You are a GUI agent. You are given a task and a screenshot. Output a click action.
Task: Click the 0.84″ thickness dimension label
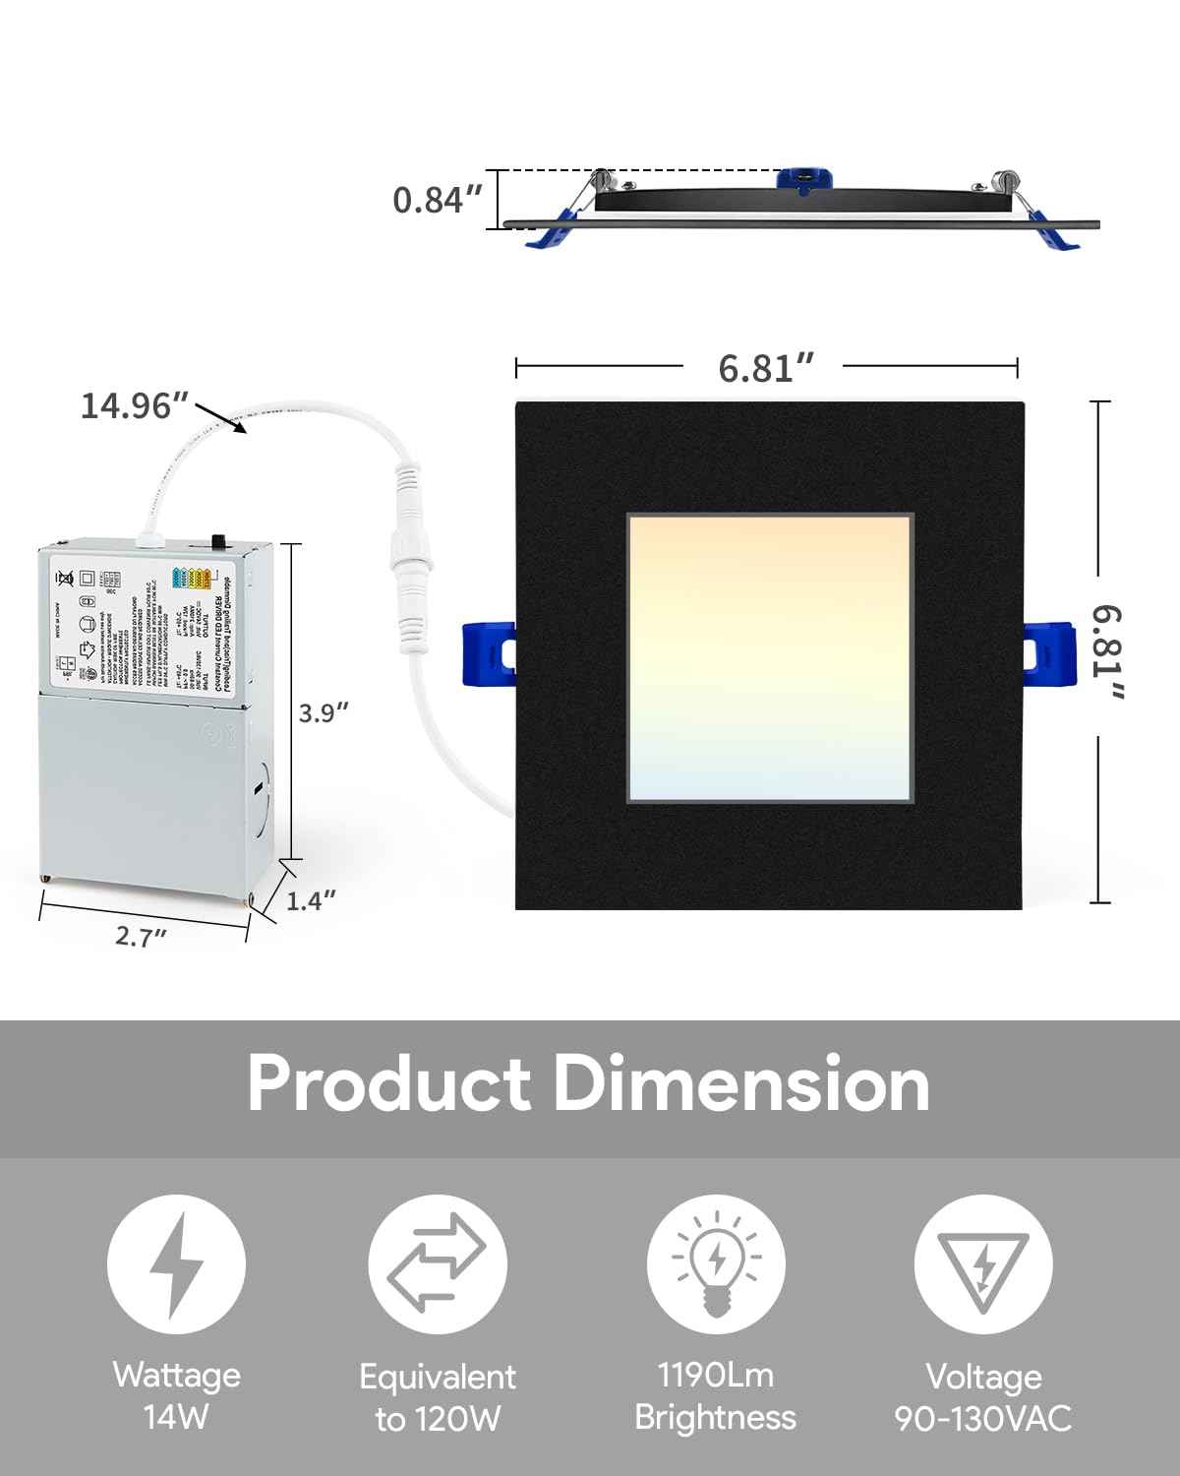click(x=438, y=200)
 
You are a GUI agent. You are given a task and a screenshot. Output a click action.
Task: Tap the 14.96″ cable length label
click(x=134, y=404)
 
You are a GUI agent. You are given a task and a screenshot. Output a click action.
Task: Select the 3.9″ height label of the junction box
click(x=324, y=712)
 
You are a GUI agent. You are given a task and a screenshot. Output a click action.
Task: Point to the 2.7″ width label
click(x=141, y=937)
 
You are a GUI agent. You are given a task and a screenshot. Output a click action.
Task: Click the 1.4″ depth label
click(x=312, y=898)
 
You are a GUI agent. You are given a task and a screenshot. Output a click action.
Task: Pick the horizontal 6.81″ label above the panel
click(x=766, y=368)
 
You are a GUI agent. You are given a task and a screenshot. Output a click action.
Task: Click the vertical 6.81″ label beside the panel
click(x=1107, y=652)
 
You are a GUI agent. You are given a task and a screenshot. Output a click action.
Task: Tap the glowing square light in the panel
click(x=770, y=654)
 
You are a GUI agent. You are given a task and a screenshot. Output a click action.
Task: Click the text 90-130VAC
click(x=983, y=1418)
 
